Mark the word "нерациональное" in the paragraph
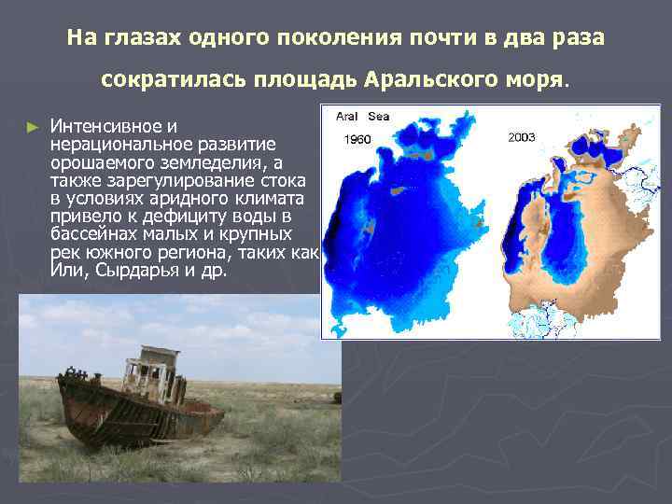click(114, 144)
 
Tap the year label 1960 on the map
click(358, 139)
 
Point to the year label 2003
click(522, 136)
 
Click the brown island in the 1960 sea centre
click(399, 191)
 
